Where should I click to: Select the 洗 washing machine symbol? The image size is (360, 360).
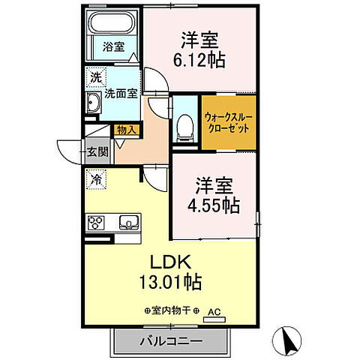coord(95,77)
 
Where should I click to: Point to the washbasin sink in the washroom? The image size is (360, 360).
coord(94,104)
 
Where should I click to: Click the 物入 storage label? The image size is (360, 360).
coord(125,130)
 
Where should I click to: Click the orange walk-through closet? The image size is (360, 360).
coord(227,121)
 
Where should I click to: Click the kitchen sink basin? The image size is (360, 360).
coord(128,222)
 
